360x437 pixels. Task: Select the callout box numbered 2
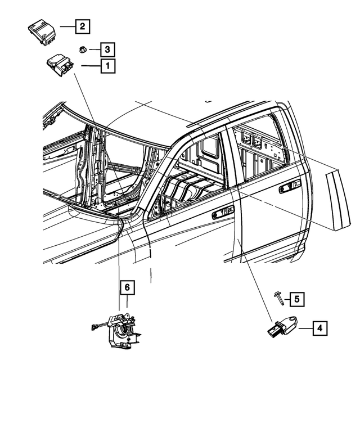[x=82, y=26]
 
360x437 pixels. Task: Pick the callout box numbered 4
[x=319, y=328]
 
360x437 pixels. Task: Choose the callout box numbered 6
[x=128, y=288]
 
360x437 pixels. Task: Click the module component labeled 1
[x=61, y=66]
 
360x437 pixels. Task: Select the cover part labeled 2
[x=43, y=31]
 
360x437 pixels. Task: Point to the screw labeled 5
[x=278, y=298]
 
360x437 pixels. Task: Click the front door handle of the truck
[x=223, y=213]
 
